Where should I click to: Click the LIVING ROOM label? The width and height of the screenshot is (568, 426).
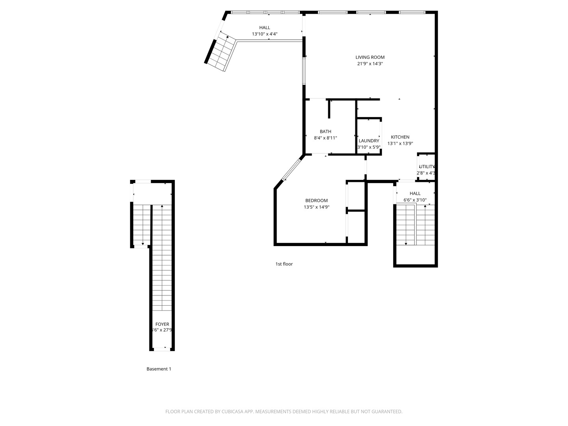(x=370, y=57)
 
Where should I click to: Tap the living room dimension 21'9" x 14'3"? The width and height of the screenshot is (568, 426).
(x=370, y=64)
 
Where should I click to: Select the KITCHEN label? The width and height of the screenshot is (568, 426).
(x=400, y=137)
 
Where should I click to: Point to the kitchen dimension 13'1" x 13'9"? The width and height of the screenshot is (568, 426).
(x=400, y=144)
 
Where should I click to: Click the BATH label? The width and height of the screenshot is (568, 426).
(x=325, y=132)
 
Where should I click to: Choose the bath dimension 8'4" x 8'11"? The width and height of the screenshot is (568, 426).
(x=325, y=138)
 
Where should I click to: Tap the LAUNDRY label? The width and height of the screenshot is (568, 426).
(x=369, y=141)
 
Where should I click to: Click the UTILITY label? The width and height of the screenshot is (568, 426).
(x=426, y=167)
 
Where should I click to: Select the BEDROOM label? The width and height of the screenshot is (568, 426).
(x=316, y=201)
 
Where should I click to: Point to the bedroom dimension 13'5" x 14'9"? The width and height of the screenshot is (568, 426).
(x=316, y=207)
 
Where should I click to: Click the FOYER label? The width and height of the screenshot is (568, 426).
(x=162, y=324)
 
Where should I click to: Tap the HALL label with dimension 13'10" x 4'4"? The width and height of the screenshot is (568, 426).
(x=265, y=28)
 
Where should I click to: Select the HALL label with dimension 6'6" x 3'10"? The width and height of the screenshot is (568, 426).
(x=415, y=194)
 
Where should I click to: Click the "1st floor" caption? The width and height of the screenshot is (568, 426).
(x=284, y=264)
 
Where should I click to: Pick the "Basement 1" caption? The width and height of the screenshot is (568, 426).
(x=159, y=369)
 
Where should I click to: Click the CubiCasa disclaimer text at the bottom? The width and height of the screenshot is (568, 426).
(x=284, y=412)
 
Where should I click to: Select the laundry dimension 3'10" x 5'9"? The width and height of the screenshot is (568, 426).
(x=369, y=147)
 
